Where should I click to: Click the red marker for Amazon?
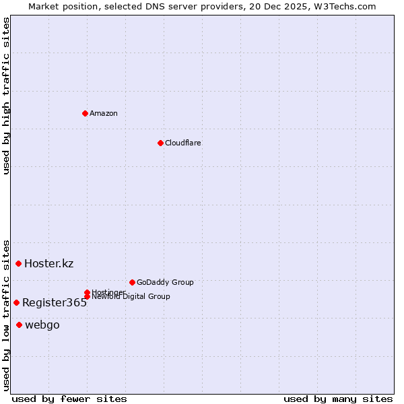pyautogui.click(x=85, y=113)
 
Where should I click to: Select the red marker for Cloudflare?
pyautogui.click(x=160, y=143)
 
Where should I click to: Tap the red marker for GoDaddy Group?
pyautogui.click(x=132, y=282)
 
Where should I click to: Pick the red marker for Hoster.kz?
pyautogui.click(x=18, y=263)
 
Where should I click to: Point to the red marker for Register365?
pyautogui.click(x=16, y=302)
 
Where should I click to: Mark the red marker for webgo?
pyautogui.click(x=19, y=325)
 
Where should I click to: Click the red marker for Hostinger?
pyautogui.click(x=87, y=292)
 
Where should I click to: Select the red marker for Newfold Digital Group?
pyautogui.click(x=87, y=296)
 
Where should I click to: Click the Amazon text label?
pyautogui.click(x=104, y=113)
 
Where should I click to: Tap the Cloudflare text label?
pyautogui.click(x=183, y=143)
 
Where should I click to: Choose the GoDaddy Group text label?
pyautogui.click(x=165, y=282)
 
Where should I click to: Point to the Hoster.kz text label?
pyautogui.click(x=48, y=263)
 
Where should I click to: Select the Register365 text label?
pyautogui.click(x=55, y=303)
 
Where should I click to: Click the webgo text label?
pyautogui.click(x=42, y=325)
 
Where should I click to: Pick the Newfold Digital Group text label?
pyautogui.click(x=131, y=297)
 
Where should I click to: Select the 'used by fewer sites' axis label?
pyautogui.click(x=69, y=399)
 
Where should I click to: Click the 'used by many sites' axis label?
pyautogui.click(x=338, y=399)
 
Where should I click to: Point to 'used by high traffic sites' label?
pyautogui.click(x=6, y=96)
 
